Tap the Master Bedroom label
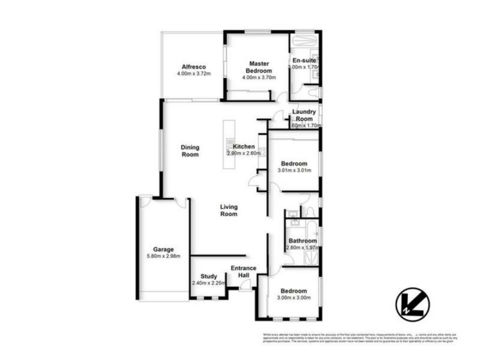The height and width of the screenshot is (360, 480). (258, 67)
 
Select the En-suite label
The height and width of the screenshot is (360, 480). (304, 61)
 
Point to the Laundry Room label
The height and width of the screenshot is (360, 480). (304, 115)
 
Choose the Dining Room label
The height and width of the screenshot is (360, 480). (190, 151)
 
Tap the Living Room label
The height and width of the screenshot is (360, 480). (229, 210)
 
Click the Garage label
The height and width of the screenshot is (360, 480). (163, 249)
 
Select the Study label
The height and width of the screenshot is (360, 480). (208, 277)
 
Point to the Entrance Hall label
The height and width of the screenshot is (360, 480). (244, 271)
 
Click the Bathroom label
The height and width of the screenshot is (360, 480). (302, 241)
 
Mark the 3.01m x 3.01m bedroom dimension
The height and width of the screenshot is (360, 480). (294, 170)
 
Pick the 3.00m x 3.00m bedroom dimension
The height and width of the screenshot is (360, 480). (294, 298)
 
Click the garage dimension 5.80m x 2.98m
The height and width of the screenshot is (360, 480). (163, 256)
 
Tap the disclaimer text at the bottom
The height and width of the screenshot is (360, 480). (360, 339)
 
